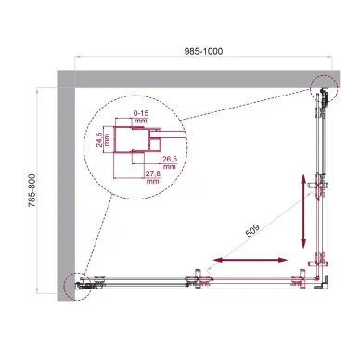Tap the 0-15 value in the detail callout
pyautogui.click(x=140, y=114)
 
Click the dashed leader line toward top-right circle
pyautogui.click(x=245, y=104)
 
